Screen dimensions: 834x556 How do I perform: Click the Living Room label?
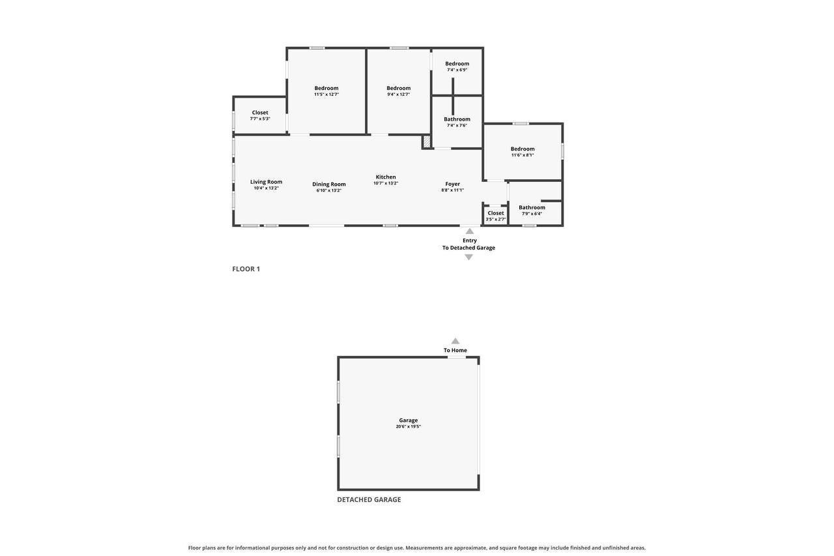(266, 182)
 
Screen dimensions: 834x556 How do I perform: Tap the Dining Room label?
(329, 184)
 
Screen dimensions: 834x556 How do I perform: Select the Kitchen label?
(386, 177)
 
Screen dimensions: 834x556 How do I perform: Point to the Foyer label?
(452, 184)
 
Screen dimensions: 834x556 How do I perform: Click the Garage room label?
(409, 420)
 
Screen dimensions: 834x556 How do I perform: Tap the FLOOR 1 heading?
(246, 269)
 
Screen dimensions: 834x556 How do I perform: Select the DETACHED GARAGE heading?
(369, 499)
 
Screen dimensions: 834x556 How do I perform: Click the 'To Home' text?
(455, 350)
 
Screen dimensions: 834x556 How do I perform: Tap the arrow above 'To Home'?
(455, 341)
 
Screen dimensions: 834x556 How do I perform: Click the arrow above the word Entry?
(470, 231)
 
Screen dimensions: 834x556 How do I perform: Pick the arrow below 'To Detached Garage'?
(468, 257)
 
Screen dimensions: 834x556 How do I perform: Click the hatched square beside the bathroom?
(427, 142)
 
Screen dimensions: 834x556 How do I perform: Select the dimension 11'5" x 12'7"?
(326, 95)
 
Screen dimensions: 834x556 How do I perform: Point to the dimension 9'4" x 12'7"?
(398, 95)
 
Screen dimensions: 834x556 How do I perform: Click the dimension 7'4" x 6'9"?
(457, 70)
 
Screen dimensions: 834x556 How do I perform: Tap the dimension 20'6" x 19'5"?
(409, 426)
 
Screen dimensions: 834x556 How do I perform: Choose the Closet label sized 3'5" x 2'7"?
(496, 213)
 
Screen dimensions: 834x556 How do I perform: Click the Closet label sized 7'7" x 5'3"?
(260, 113)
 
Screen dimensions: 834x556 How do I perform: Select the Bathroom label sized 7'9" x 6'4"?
(532, 207)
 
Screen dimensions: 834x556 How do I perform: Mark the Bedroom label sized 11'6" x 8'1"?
(523, 149)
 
